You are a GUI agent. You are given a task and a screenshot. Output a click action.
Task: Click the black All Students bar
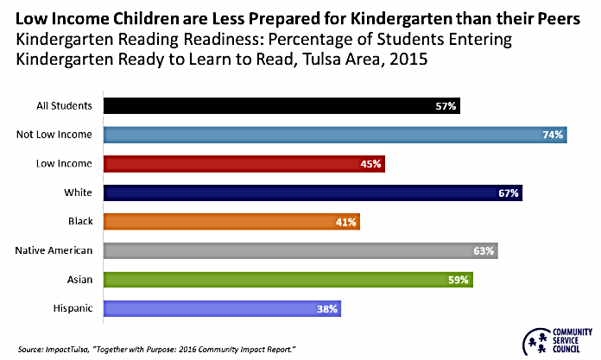[282, 106]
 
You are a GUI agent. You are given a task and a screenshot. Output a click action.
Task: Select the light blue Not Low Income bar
[335, 135]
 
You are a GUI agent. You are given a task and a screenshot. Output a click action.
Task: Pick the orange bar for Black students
[231, 222]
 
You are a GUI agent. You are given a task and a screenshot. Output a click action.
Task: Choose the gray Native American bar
[300, 251]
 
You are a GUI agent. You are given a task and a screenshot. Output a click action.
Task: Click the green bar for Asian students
[288, 280]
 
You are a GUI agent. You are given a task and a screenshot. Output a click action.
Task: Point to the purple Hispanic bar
[222, 308]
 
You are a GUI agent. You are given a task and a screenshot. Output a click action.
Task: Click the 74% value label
[553, 135]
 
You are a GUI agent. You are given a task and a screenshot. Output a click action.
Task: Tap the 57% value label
[446, 106]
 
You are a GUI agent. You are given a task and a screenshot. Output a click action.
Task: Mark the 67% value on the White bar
[508, 193]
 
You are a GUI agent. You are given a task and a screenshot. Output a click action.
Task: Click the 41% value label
[346, 222]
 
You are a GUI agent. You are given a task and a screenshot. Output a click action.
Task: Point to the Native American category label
[54, 250]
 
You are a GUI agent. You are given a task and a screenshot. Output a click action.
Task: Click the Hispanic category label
[73, 308]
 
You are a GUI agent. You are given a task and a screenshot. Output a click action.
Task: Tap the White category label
[79, 193]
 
